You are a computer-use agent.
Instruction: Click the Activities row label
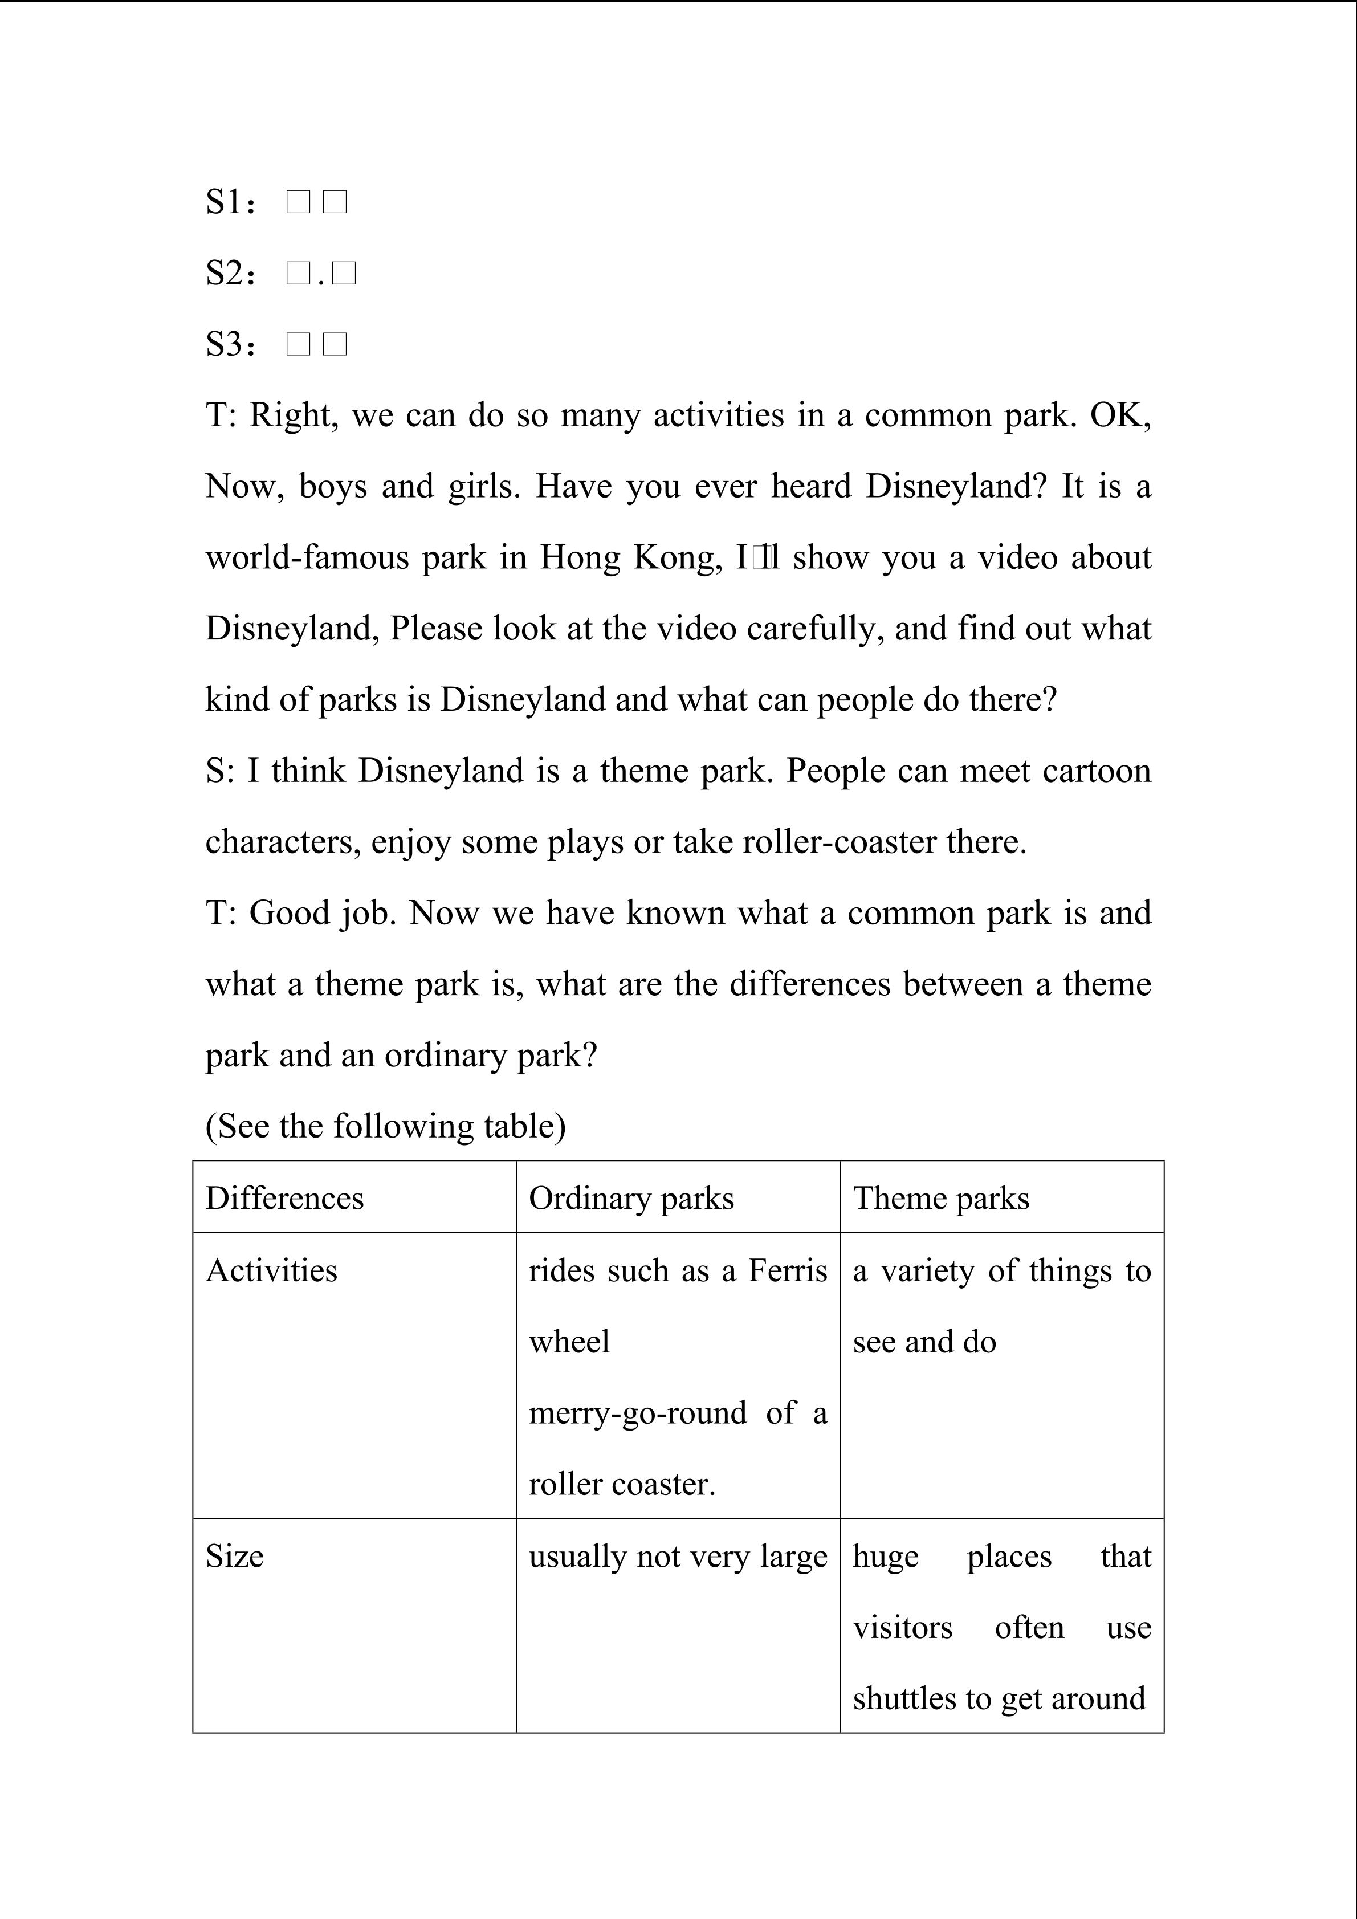[271, 1270]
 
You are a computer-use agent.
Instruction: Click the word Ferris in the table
[787, 1270]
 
